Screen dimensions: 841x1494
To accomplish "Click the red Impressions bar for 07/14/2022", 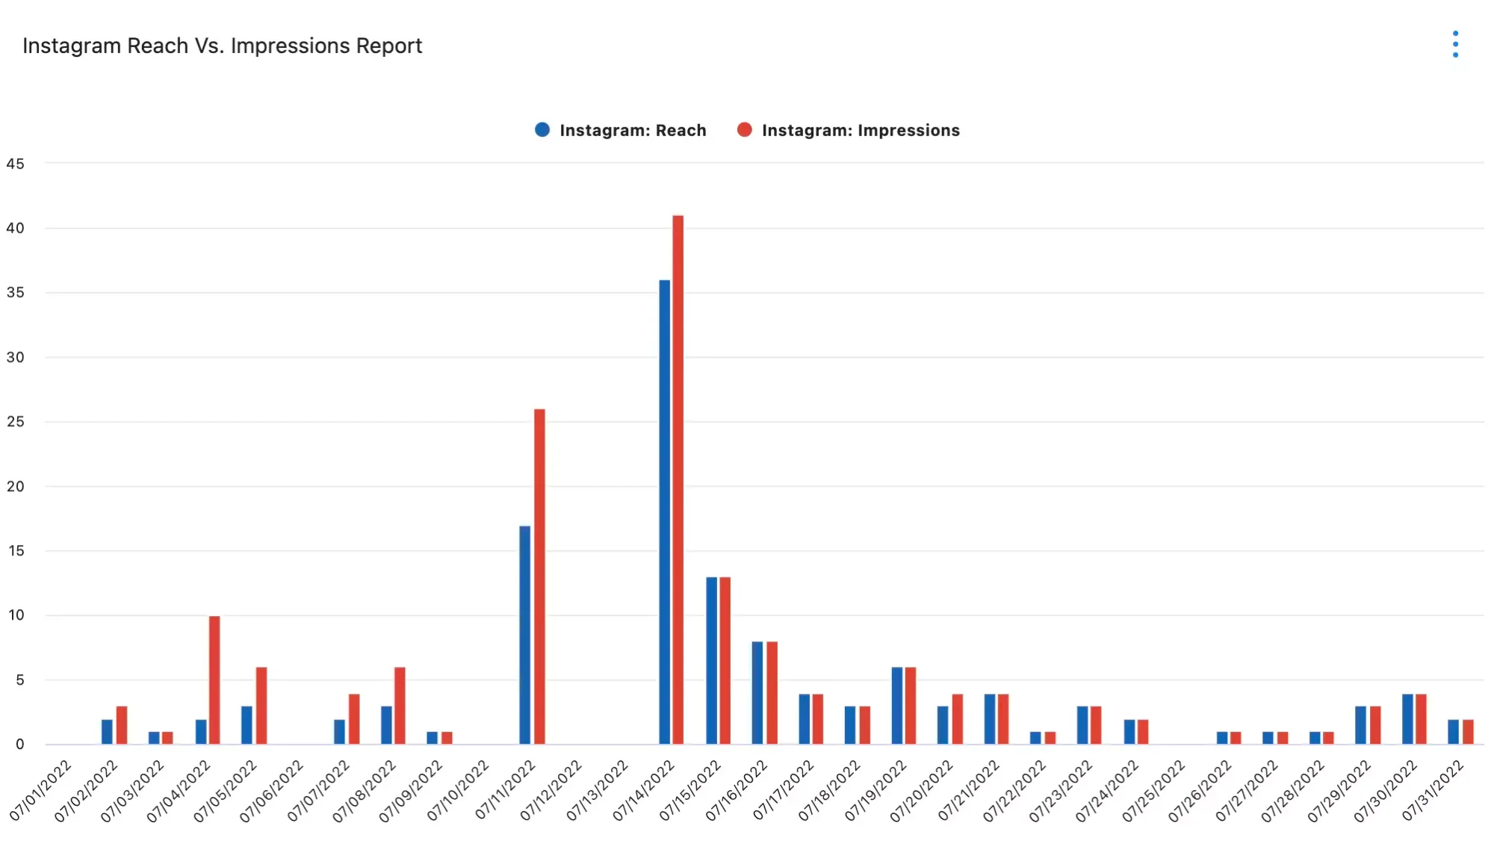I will pos(678,479).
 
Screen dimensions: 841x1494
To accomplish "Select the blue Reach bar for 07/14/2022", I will pos(664,511).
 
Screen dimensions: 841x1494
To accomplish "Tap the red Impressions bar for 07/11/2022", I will pos(539,576).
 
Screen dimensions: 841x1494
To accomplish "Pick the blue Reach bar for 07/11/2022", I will pos(525,635).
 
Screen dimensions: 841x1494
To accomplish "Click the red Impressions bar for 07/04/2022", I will pos(214,680).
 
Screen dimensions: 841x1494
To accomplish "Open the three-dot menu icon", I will pos(1455,44).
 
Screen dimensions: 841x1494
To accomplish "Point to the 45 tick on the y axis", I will pos(15,164).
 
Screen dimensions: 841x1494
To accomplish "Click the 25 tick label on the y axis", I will pos(15,422).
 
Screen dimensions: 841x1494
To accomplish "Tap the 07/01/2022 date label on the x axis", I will pos(42,789).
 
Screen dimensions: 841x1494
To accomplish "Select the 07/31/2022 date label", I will pos(1433,789).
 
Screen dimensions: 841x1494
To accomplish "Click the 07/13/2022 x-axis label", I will pos(598,789).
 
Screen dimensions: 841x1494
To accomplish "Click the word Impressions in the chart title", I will pos(290,46).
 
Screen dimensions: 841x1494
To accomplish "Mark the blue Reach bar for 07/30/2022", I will pos(1407,718).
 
